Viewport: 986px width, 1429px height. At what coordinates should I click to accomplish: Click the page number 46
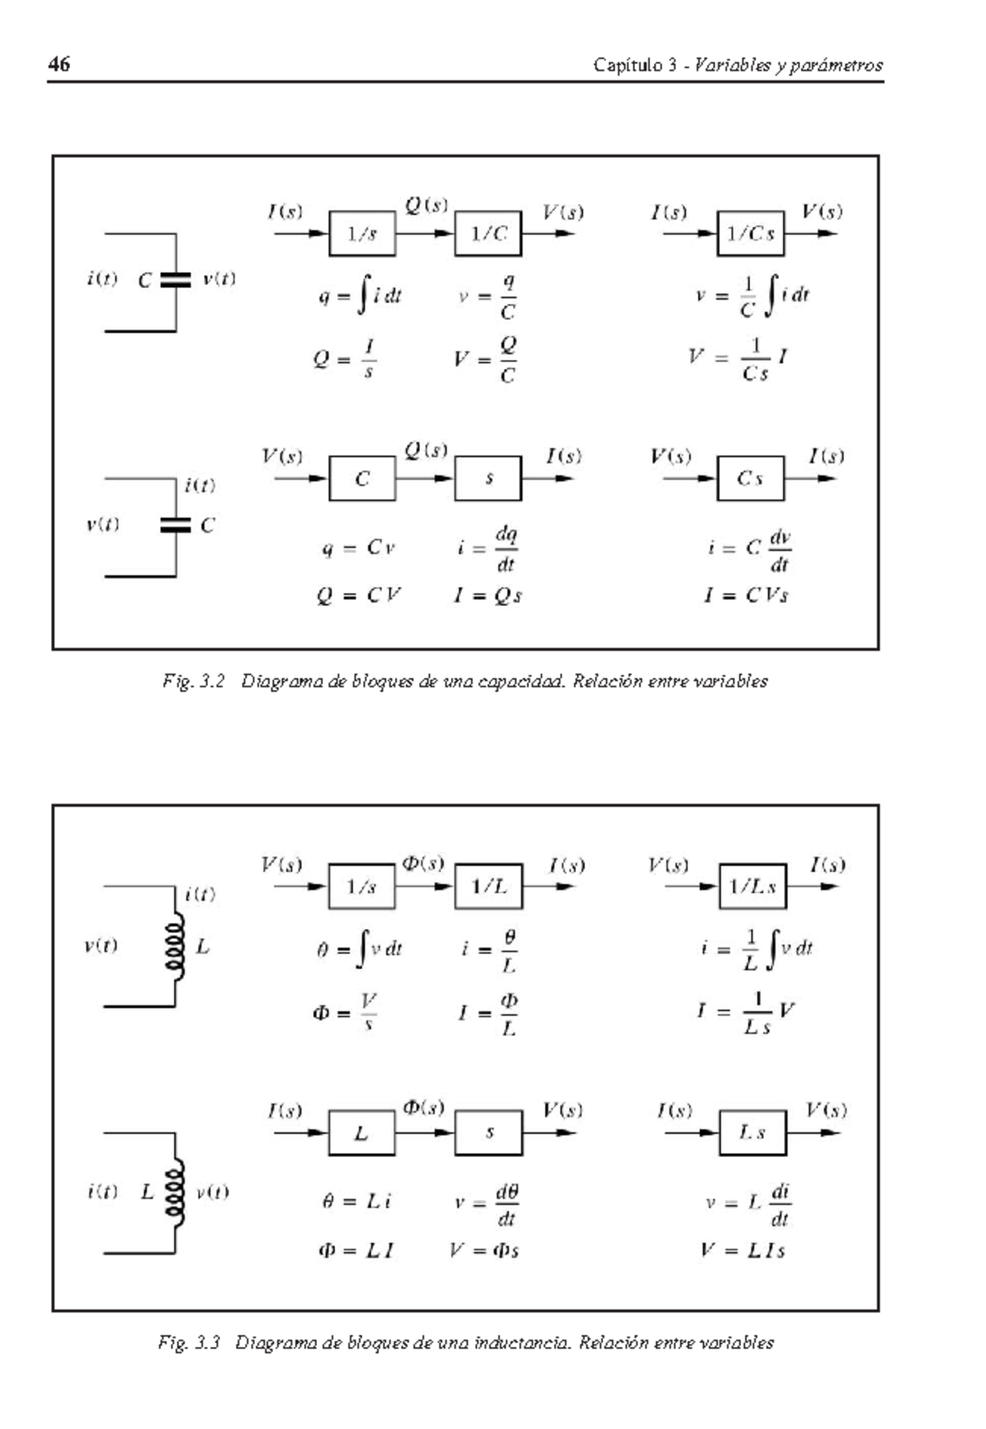59,64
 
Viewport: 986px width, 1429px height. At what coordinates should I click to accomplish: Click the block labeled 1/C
488,234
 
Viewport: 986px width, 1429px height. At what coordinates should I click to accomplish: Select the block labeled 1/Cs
750,234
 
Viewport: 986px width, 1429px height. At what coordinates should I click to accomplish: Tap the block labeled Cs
750,479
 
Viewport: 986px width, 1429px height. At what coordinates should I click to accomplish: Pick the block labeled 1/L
488,887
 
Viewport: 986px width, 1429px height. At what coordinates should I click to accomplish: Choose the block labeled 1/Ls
752,887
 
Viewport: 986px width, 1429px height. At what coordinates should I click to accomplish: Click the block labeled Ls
752,1133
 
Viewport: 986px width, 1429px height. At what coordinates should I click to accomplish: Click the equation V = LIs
743,1251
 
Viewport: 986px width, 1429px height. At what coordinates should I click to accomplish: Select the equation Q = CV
358,595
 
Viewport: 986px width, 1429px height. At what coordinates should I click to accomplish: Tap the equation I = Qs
487,595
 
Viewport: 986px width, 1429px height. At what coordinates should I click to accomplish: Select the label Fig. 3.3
189,1343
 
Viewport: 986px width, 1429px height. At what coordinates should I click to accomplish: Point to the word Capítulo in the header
628,65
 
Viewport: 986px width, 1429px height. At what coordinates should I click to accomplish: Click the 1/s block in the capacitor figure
362,234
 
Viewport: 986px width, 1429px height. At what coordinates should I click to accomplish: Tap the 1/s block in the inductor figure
362,887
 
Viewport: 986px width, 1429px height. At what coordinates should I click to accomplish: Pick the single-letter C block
362,479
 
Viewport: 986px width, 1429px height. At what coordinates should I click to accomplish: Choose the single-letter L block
362,1133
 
